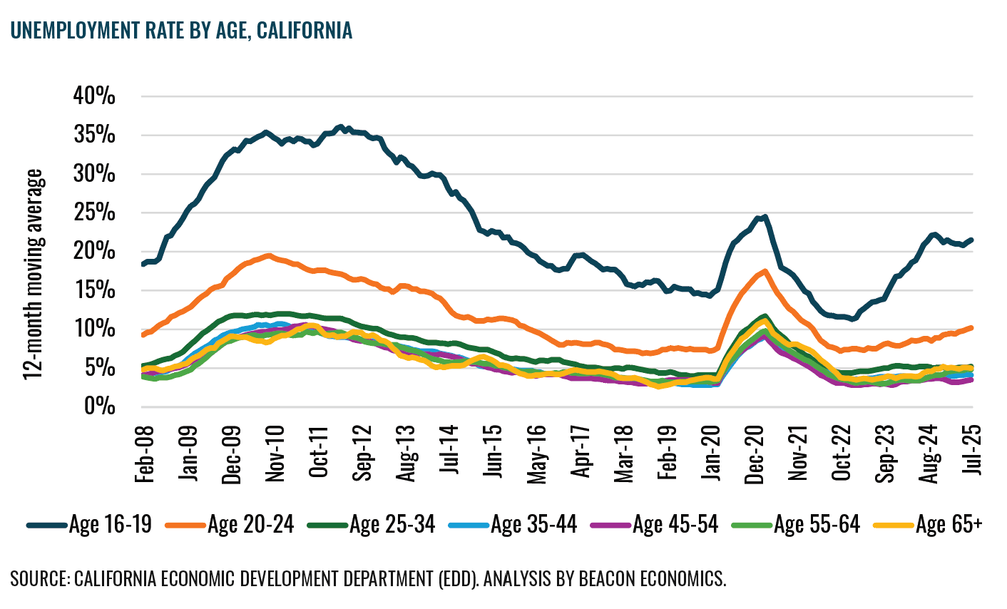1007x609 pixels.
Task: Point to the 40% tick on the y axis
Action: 94,96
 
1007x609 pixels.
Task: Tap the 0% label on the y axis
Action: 100,406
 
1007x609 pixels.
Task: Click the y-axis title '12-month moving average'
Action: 33,275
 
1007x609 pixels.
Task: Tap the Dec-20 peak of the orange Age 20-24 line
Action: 765,271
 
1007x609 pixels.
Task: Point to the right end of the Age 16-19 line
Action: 972,240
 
